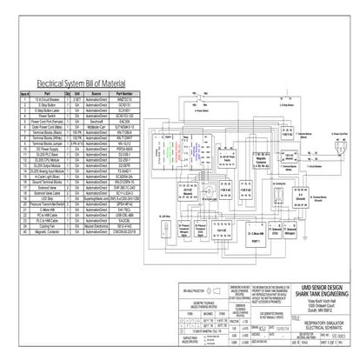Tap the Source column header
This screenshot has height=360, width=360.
pos(95,90)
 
